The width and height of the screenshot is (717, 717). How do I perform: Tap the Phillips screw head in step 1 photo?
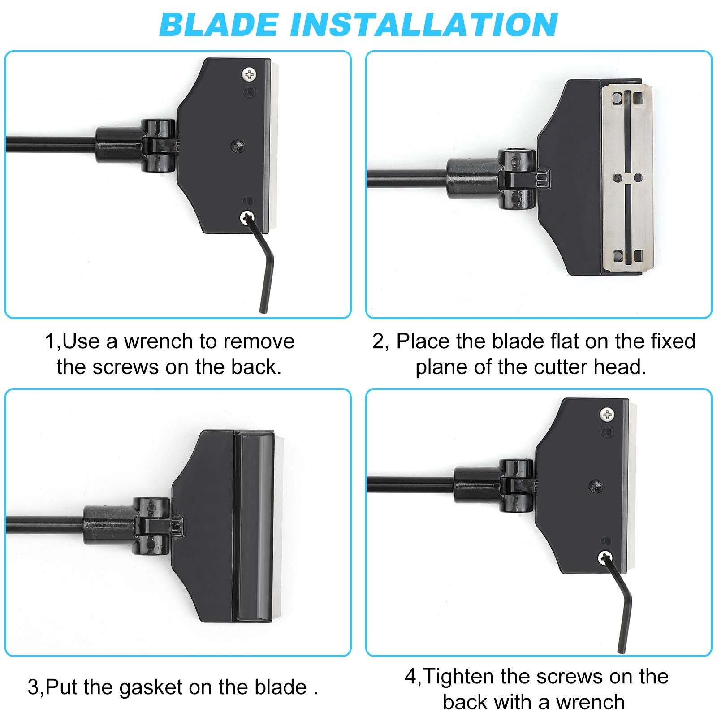(x=249, y=74)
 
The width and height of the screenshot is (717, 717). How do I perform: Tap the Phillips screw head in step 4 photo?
(x=607, y=415)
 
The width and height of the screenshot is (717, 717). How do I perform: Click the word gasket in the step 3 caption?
(x=151, y=687)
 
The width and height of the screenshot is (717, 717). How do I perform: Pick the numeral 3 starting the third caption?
(x=33, y=687)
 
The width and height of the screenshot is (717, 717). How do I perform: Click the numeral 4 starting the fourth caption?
(x=411, y=677)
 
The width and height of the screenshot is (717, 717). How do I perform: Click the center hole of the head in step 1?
(x=237, y=146)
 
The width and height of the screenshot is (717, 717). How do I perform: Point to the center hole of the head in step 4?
(x=596, y=486)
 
